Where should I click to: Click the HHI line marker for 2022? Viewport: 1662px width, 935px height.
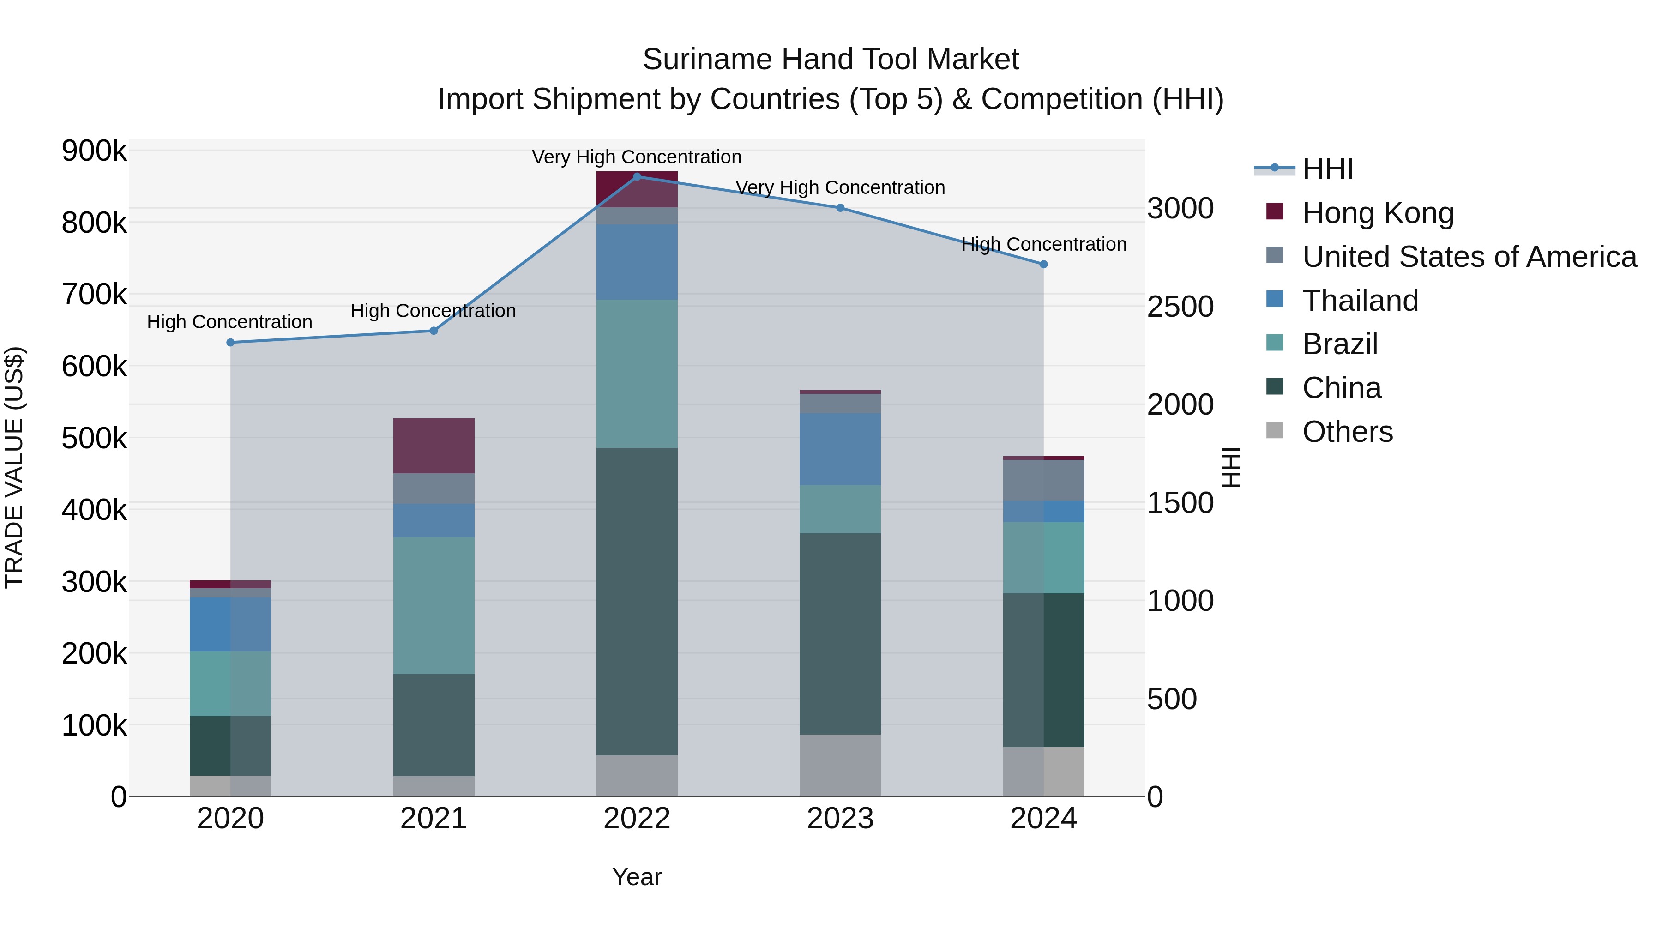(x=637, y=176)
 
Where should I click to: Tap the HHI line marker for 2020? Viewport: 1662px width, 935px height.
(x=230, y=343)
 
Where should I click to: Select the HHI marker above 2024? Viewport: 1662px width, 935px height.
(x=1043, y=264)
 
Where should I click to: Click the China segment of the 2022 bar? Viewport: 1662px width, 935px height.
(x=637, y=601)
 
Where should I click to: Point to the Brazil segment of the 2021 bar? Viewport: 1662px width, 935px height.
(x=434, y=605)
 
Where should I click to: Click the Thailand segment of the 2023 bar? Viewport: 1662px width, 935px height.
(x=840, y=449)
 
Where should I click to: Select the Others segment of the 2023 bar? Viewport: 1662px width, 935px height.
(x=840, y=765)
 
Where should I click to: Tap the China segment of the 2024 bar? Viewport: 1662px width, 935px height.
(x=1043, y=670)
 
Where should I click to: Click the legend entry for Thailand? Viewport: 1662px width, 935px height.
(x=1360, y=301)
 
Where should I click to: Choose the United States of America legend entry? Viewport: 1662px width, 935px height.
(x=1469, y=257)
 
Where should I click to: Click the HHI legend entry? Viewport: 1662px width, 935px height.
(x=1327, y=169)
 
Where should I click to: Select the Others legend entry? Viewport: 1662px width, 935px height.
(x=1347, y=432)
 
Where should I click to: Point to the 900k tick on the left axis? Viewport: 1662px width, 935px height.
(x=94, y=151)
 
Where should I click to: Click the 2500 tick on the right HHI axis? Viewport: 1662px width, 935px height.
(x=1180, y=307)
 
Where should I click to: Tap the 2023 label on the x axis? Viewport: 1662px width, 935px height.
(x=840, y=819)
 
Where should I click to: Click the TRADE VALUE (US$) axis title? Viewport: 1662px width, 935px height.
(x=14, y=467)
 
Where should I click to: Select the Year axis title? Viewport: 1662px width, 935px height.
(x=637, y=877)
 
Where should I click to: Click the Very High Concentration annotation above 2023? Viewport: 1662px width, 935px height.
(x=840, y=188)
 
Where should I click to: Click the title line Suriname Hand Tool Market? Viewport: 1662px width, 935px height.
(x=831, y=60)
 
